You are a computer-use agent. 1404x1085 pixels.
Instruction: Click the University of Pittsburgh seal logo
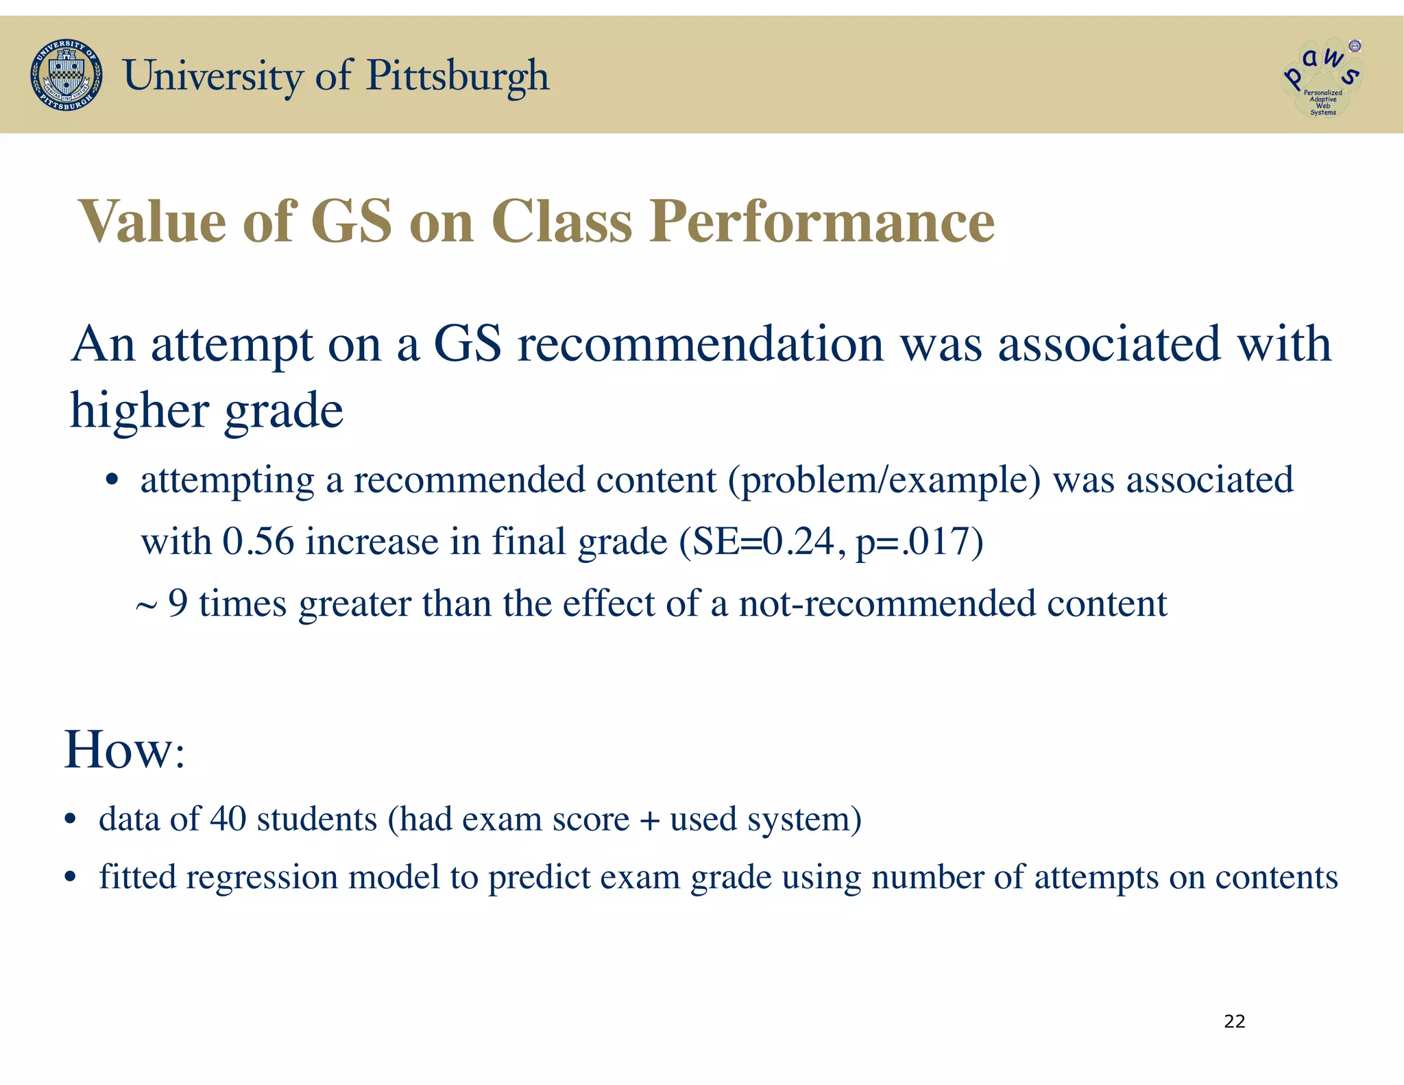66,75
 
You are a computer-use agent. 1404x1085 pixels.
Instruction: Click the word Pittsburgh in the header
458,75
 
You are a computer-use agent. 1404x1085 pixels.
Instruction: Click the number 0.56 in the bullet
258,541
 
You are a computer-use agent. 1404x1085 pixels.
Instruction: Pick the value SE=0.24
764,541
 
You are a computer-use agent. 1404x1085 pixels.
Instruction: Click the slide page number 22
1234,1021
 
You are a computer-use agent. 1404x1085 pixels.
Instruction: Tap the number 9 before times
178,604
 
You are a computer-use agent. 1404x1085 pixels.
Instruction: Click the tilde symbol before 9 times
146,606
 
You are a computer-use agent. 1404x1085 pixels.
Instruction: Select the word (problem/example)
884,480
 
